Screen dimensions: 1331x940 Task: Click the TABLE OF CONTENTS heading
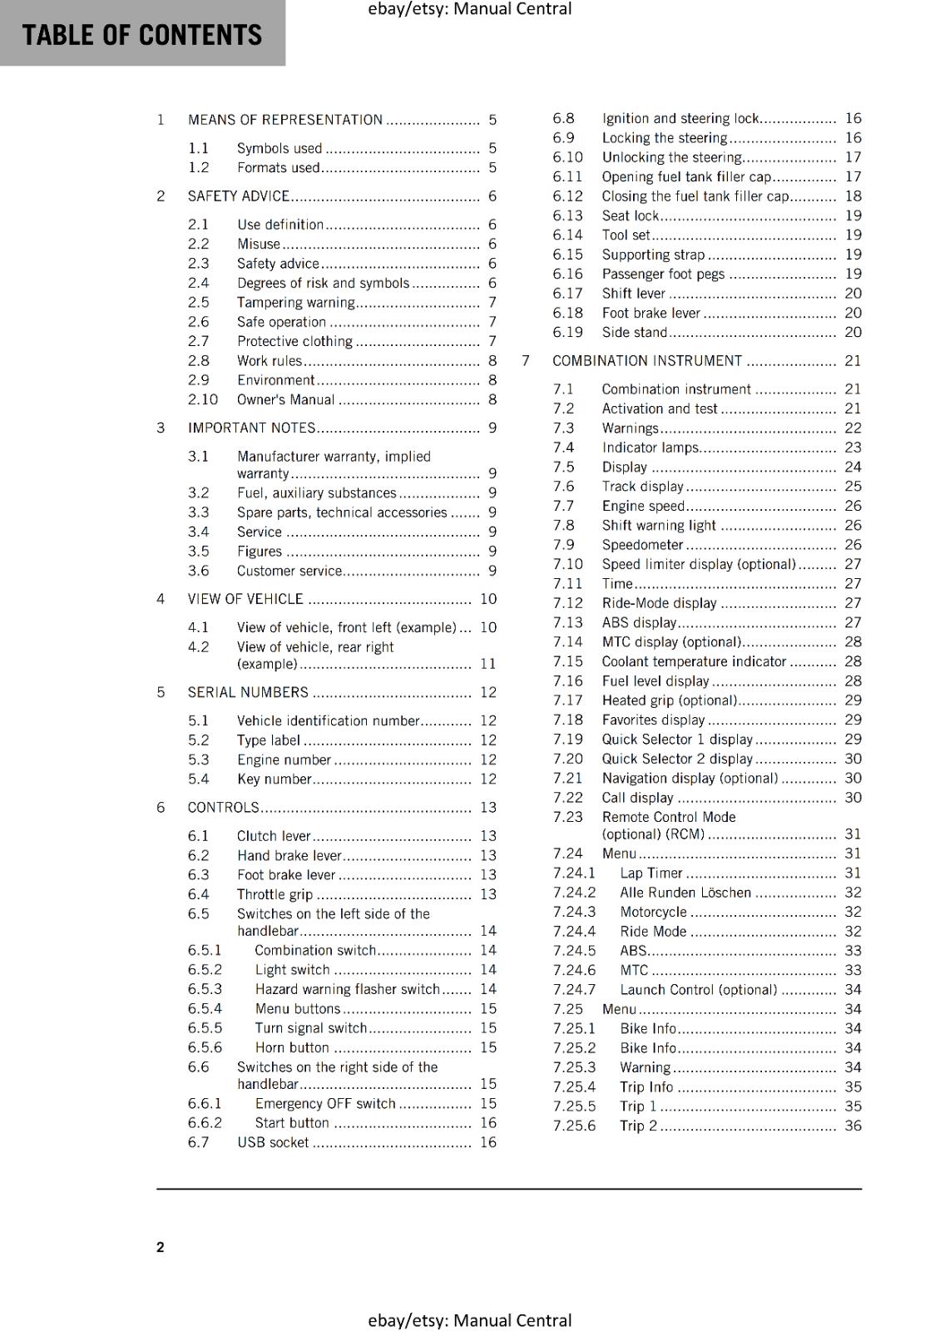pos(141,35)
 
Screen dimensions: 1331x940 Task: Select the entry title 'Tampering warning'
pos(295,303)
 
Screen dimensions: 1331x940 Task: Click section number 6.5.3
pos(205,989)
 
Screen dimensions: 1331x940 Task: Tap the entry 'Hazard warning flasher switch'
pos(347,989)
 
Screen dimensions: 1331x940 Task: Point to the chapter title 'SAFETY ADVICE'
pos(238,196)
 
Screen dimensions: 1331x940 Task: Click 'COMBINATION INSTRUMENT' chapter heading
pos(646,361)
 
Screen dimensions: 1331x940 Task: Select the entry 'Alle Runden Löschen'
pos(685,893)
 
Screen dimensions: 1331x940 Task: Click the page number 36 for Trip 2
pos(853,1126)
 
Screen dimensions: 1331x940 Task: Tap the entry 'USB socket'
pos(273,1143)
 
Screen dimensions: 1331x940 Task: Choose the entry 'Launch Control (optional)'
pos(698,990)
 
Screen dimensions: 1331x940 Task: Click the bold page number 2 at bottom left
pos(161,1247)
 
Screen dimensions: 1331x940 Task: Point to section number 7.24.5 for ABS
pos(574,951)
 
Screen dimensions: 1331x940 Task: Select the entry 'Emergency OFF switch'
pos(324,1104)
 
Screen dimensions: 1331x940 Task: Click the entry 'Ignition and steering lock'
pos(680,119)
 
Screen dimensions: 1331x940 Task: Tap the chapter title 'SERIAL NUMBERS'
pos(248,692)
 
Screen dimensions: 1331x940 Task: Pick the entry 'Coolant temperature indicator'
pos(694,662)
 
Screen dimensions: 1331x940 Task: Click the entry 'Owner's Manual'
pos(285,400)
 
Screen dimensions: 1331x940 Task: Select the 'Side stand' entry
pos(634,333)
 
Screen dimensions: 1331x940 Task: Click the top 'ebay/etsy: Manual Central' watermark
pos(469,9)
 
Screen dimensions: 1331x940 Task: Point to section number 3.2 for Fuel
pos(198,493)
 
